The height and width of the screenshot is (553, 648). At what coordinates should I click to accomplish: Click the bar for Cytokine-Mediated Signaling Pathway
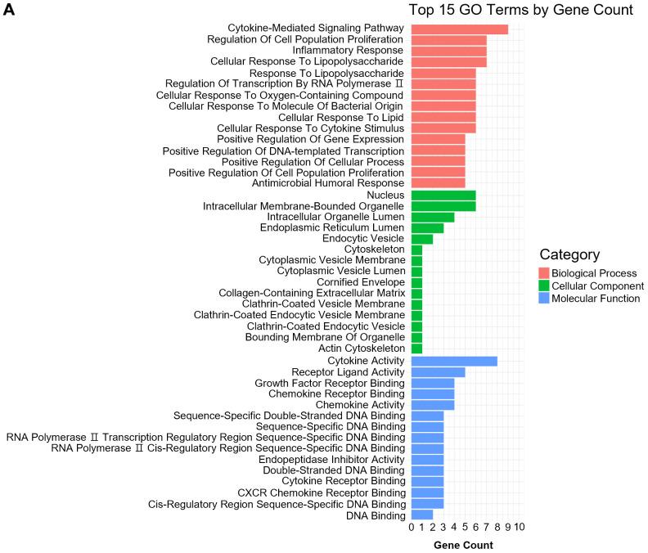coord(459,29)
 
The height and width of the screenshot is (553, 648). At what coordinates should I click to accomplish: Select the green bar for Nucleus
coord(443,196)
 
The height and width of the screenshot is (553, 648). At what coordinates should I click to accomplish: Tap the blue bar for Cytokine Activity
coord(453,361)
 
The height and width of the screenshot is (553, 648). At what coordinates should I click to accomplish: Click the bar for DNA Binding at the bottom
coord(421,515)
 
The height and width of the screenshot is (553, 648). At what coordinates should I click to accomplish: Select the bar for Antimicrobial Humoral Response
coord(438,183)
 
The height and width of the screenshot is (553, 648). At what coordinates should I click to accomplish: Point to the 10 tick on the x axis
coord(519,528)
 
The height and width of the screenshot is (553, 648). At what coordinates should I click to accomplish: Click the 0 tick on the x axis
coord(412,528)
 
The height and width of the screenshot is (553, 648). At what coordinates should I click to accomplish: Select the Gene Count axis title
coord(463,545)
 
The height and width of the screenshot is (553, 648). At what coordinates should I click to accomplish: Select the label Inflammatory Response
coord(349,51)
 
